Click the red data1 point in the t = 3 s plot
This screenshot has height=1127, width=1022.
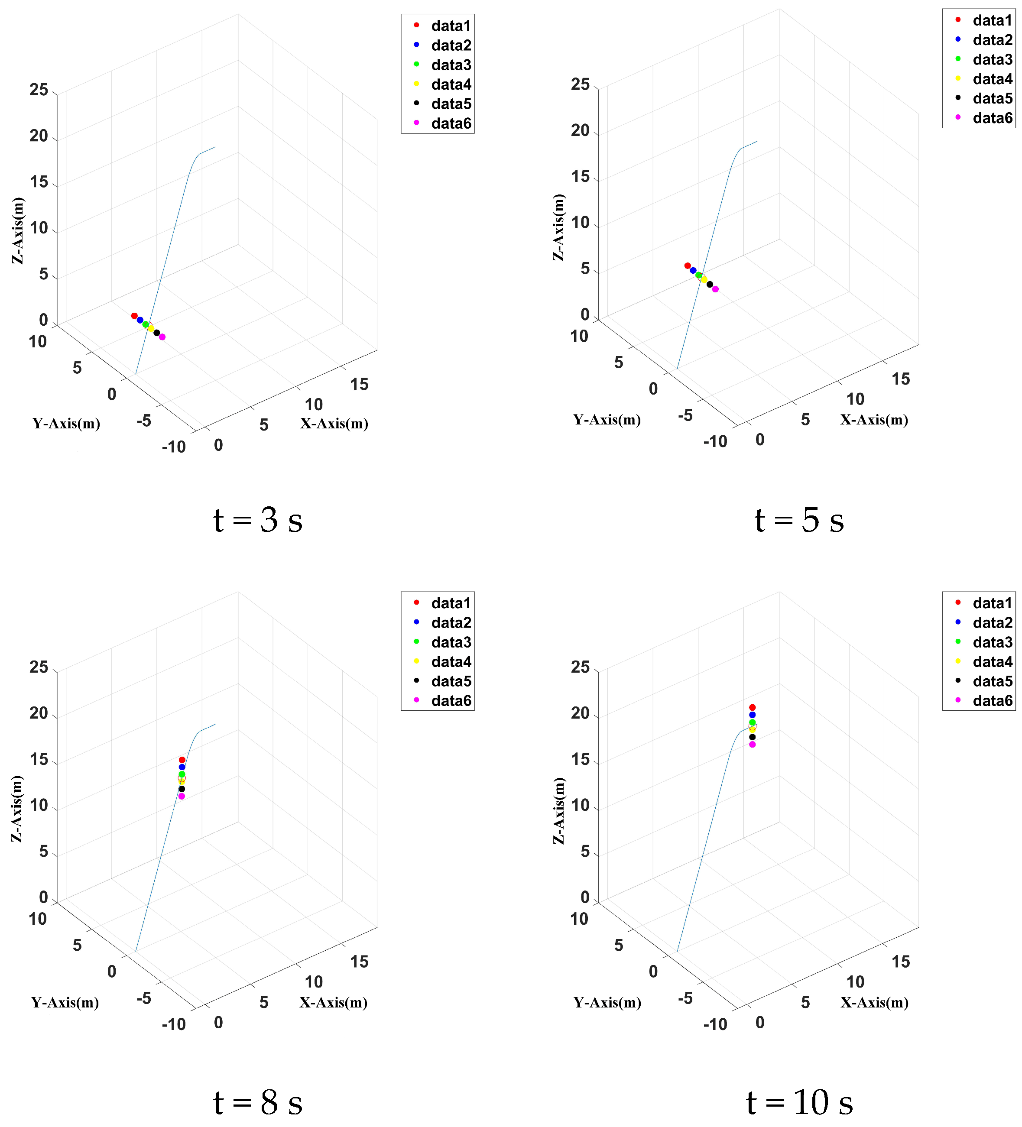134,316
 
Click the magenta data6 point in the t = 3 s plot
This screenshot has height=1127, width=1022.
162,337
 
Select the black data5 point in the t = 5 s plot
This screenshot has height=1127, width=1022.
710,285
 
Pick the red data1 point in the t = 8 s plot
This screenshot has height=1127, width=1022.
182,760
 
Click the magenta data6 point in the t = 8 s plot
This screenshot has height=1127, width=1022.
181,796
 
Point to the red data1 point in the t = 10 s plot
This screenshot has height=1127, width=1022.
752,708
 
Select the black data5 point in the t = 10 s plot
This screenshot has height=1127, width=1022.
752,737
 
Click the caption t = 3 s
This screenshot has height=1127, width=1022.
258,521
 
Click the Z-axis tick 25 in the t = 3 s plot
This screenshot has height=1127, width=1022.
39,90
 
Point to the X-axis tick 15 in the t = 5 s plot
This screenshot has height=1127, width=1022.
900,379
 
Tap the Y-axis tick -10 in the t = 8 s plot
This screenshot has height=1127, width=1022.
173,1025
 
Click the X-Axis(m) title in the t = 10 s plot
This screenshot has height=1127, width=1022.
874,1003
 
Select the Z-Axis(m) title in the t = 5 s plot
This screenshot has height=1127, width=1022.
558,227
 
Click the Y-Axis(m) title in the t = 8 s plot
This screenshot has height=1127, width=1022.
65,1003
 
